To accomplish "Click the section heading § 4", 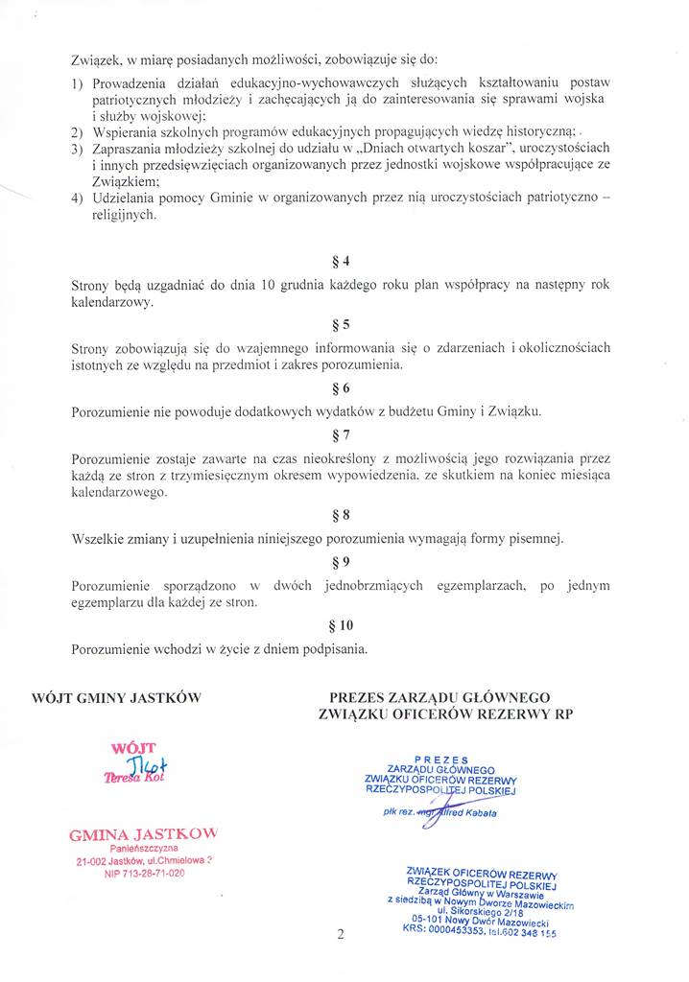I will point(340,261).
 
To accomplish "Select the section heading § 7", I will point(340,435).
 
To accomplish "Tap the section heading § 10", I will point(340,624).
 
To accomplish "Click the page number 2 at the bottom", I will point(341,936).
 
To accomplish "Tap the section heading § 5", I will point(340,323).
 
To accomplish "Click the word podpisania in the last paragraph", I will point(329,648).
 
